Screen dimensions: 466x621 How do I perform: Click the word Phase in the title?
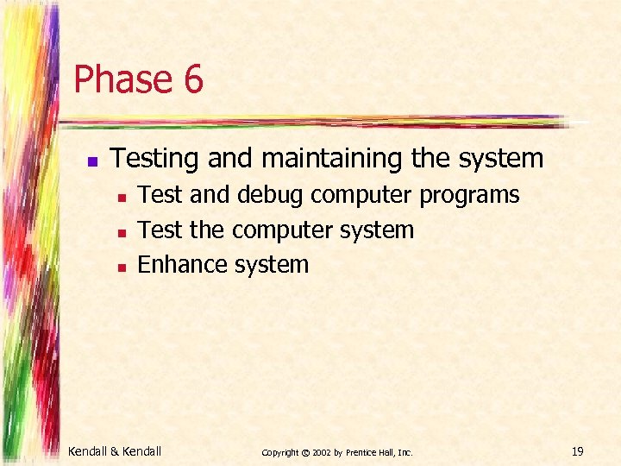[x=120, y=79]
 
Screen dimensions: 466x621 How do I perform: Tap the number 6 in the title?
[x=192, y=79]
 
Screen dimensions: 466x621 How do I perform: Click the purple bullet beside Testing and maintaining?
[x=92, y=161]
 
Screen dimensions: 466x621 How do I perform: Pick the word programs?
[x=469, y=196]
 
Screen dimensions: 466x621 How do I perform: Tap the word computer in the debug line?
[x=362, y=196]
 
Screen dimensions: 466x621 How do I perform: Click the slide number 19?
[x=577, y=450]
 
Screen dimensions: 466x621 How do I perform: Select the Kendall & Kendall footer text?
[x=115, y=450]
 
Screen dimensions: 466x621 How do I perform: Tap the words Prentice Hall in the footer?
[x=371, y=451]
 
